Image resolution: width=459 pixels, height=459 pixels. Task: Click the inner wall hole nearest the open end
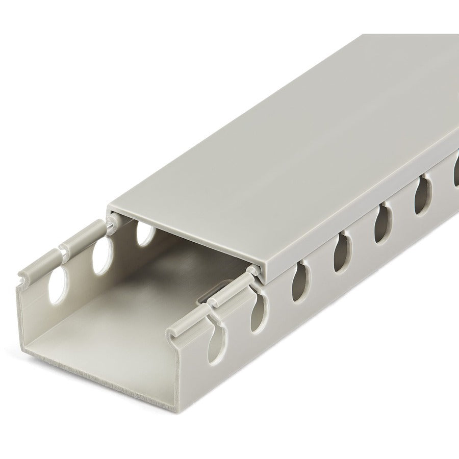[x=59, y=284]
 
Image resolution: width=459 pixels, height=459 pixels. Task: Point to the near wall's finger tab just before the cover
[x=232, y=291]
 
